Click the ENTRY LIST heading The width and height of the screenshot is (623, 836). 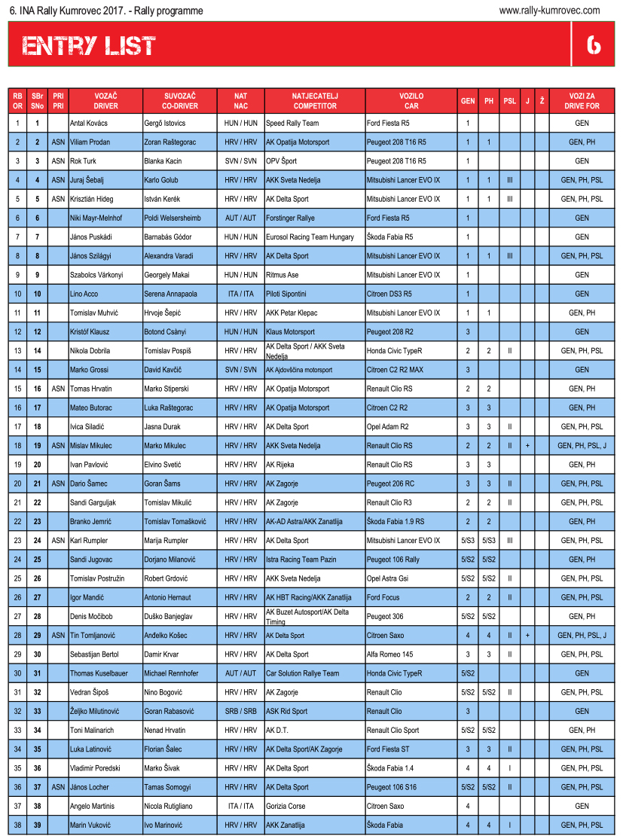click(x=88, y=47)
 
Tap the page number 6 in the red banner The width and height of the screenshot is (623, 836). click(x=594, y=46)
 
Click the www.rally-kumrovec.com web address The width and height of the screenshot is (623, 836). click(x=549, y=11)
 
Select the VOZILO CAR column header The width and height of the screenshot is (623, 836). click(x=411, y=101)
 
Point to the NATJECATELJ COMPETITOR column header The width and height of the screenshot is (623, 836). click(x=315, y=101)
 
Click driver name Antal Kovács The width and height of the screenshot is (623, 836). click(x=88, y=123)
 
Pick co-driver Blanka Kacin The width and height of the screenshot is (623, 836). click(x=163, y=161)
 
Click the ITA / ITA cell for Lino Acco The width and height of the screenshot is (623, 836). click(x=240, y=294)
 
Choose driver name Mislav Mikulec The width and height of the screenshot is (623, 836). click(x=90, y=446)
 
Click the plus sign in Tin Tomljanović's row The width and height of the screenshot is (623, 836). click(x=527, y=636)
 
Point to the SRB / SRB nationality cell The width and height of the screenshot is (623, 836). click(x=240, y=711)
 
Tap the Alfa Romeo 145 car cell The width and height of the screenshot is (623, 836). click(x=389, y=654)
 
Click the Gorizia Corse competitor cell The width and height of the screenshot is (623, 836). click(x=286, y=806)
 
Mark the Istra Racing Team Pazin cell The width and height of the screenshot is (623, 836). click(x=301, y=560)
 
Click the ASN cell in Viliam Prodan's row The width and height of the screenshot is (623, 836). click(x=58, y=142)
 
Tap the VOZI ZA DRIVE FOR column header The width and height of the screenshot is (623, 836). click(x=582, y=101)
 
